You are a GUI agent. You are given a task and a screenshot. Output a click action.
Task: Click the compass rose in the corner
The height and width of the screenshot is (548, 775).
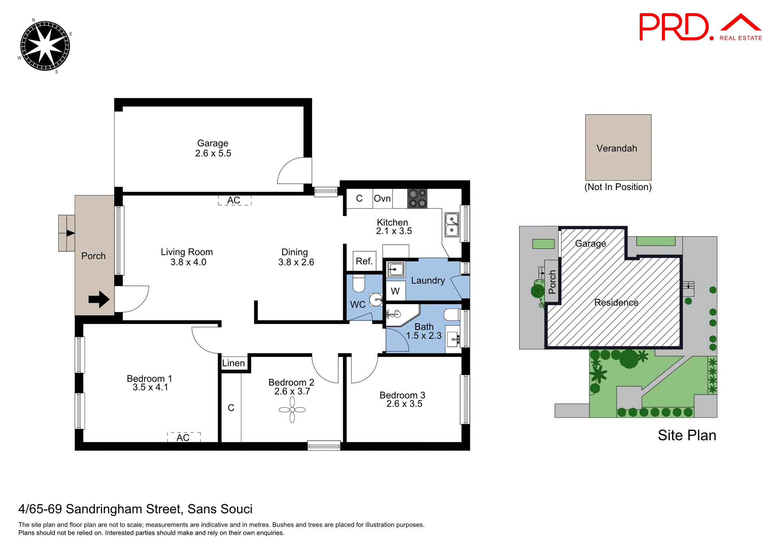tap(45, 46)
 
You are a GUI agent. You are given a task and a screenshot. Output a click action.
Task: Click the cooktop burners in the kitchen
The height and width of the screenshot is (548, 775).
tap(417, 198)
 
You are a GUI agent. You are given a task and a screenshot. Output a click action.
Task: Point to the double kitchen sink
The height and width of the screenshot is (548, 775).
tap(452, 225)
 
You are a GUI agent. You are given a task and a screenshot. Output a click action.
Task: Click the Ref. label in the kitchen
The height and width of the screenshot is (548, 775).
tap(364, 261)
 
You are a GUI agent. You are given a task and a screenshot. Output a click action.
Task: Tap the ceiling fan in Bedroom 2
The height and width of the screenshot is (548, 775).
tap(292, 409)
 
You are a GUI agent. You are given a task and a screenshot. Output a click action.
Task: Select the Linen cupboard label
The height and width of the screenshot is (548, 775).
tap(233, 363)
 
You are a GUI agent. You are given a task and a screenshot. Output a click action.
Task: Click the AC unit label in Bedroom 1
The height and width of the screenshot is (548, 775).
tap(183, 437)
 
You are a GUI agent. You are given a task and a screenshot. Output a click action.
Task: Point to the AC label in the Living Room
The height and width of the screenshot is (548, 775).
tap(234, 200)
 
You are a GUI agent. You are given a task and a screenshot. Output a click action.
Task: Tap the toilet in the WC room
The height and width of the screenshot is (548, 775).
tap(358, 283)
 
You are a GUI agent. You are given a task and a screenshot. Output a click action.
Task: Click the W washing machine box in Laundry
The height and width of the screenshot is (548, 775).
tap(395, 291)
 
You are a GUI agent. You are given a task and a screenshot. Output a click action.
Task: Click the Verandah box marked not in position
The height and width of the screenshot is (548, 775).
tap(618, 148)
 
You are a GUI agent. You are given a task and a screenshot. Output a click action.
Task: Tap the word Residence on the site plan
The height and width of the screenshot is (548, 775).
tap(616, 302)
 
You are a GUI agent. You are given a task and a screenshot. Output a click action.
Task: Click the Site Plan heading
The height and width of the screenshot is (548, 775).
tap(687, 435)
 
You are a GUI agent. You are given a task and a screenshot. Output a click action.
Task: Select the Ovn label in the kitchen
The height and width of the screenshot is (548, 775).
tap(382, 198)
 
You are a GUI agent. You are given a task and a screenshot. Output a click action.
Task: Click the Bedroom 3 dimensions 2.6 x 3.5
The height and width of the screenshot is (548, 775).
tap(404, 404)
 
